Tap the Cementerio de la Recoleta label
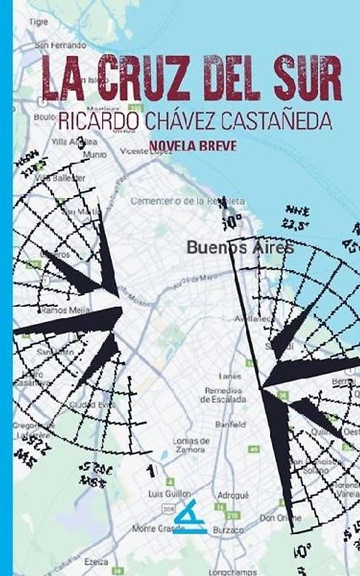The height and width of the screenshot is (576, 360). pos(187,201)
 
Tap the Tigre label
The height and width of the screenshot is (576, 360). pos(38,22)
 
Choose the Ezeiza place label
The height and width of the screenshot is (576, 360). pos(96,561)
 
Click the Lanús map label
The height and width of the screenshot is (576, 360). pos(230,376)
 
